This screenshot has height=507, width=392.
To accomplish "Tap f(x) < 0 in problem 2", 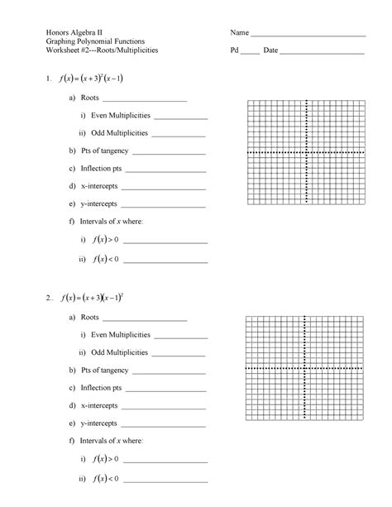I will coord(107,478).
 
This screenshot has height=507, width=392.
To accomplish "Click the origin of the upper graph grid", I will coord(307,153).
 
